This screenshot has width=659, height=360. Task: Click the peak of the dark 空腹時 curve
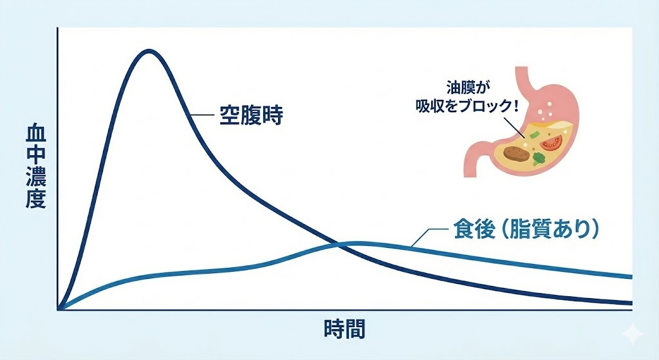point(149,52)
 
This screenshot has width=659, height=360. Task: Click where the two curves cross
point(339,243)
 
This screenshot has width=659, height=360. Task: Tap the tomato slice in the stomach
point(551,141)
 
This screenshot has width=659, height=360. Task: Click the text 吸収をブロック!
point(467,104)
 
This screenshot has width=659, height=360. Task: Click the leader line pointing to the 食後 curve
point(425,236)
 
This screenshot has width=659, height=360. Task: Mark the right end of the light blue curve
point(631,278)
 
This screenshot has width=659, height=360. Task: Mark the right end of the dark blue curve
point(631,303)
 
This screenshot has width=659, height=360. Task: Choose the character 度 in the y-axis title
point(35,198)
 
